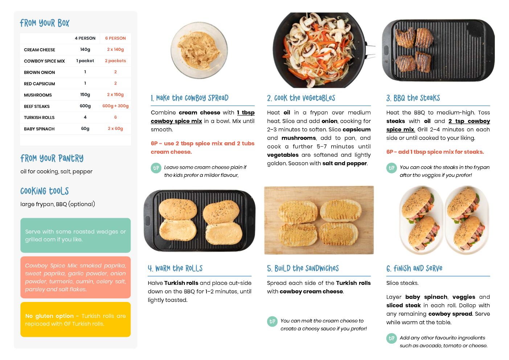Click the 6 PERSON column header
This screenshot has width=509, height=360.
coord(115,38)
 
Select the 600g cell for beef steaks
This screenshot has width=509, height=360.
coord(85,106)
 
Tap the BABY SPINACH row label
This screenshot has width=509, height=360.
coord(39,129)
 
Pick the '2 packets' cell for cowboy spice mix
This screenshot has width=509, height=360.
coord(115,61)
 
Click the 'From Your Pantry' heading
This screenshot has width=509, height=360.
coord(52,158)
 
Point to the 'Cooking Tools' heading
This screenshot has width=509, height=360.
coord(45,191)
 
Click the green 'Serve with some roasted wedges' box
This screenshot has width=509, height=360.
coord(75,235)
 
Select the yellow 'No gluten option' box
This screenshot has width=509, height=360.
coord(75,319)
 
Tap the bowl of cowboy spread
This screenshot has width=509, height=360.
coord(199,50)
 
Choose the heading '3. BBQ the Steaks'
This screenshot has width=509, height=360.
coord(413,98)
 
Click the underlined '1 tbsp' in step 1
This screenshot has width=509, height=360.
coord(246,112)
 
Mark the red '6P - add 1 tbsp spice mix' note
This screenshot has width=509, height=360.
coord(435,152)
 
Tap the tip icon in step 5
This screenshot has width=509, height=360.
coord(272,322)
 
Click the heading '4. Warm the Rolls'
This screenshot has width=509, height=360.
coord(175,268)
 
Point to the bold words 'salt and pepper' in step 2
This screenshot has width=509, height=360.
coord(345,163)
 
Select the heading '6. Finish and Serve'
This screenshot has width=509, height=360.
coord(414,268)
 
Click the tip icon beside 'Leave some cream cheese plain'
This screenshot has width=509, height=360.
coord(156,168)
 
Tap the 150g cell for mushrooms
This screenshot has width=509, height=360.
coord(85,95)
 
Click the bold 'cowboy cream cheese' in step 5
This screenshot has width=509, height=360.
coord(311,291)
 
